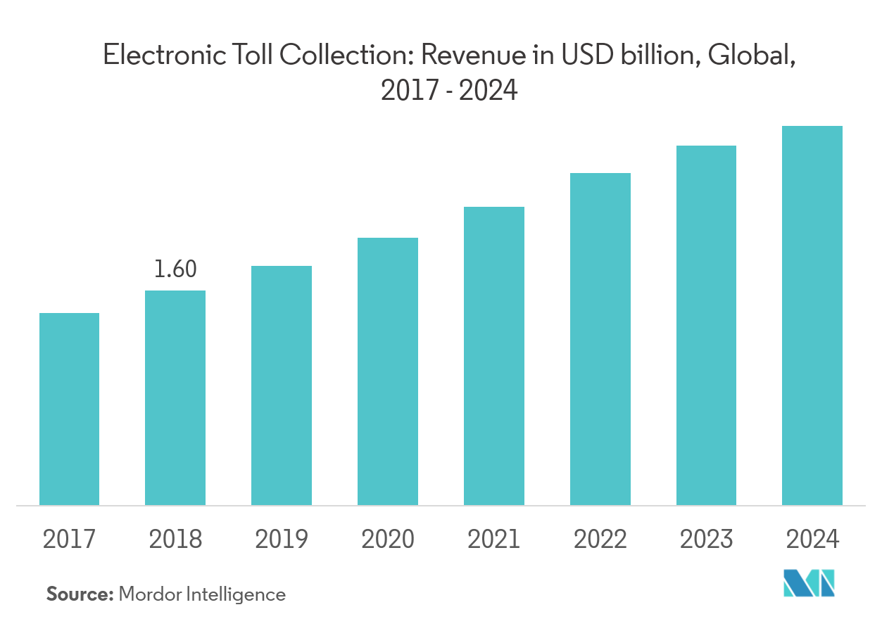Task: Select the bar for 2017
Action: point(69,409)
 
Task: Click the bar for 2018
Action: point(175,397)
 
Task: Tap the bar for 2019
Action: point(282,385)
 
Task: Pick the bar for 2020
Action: point(388,371)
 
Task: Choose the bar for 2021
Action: point(494,356)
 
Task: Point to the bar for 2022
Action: point(600,339)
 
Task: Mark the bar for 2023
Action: point(706,325)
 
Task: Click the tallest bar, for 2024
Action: point(812,315)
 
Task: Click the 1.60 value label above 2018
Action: point(175,269)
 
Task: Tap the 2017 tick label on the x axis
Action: point(69,540)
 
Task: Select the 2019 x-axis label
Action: point(282,540)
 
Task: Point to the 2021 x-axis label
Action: point(494,540)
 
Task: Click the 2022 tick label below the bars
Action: point(600,540)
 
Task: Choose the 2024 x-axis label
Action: point(812,540)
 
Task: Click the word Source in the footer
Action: point(80,594)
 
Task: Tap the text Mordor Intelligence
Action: point(202,594)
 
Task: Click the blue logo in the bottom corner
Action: point(809,584)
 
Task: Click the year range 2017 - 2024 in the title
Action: point(449,90)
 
